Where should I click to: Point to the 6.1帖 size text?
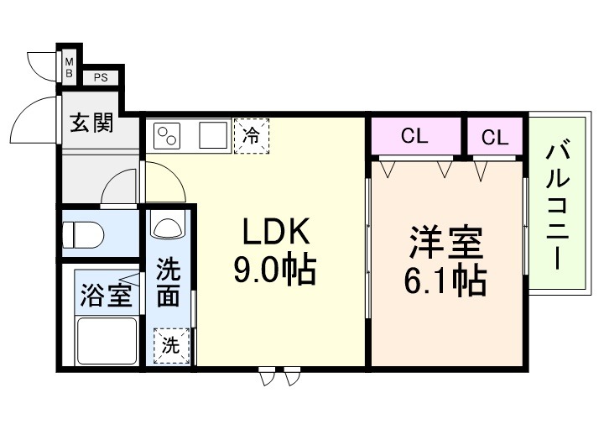pyautogui.click(x=445, y=281)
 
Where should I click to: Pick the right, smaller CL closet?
pyautogui.click(x=495, y=137)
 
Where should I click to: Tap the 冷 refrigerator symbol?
pyautogui.click(x=251, y=134)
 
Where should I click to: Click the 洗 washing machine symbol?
pyautogui.click(x=170, y=344)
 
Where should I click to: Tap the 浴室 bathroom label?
pyautogui.click(x=106, y=296)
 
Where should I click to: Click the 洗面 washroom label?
pyautogui.click(x=169, y=284)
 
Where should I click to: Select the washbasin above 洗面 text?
pyautogui.click(x=170, y=228)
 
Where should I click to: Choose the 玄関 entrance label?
pyautogui.click(x=91, y=124)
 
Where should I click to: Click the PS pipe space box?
pyautogui.click(x=101, y=79)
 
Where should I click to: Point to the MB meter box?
pyautogui.click(x=70, y=67)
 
